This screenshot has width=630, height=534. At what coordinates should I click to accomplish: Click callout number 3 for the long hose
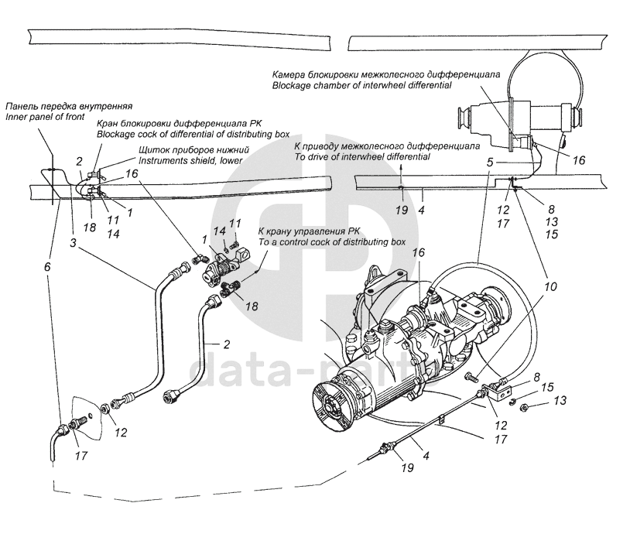72,243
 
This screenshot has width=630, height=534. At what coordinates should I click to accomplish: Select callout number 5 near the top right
489,163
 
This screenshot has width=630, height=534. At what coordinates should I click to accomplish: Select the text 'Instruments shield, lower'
190,160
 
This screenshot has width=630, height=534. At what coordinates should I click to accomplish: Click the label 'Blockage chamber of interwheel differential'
361,85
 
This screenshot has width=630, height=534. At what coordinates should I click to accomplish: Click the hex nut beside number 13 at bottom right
522,408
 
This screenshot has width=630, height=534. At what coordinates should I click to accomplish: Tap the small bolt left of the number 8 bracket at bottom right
470,378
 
